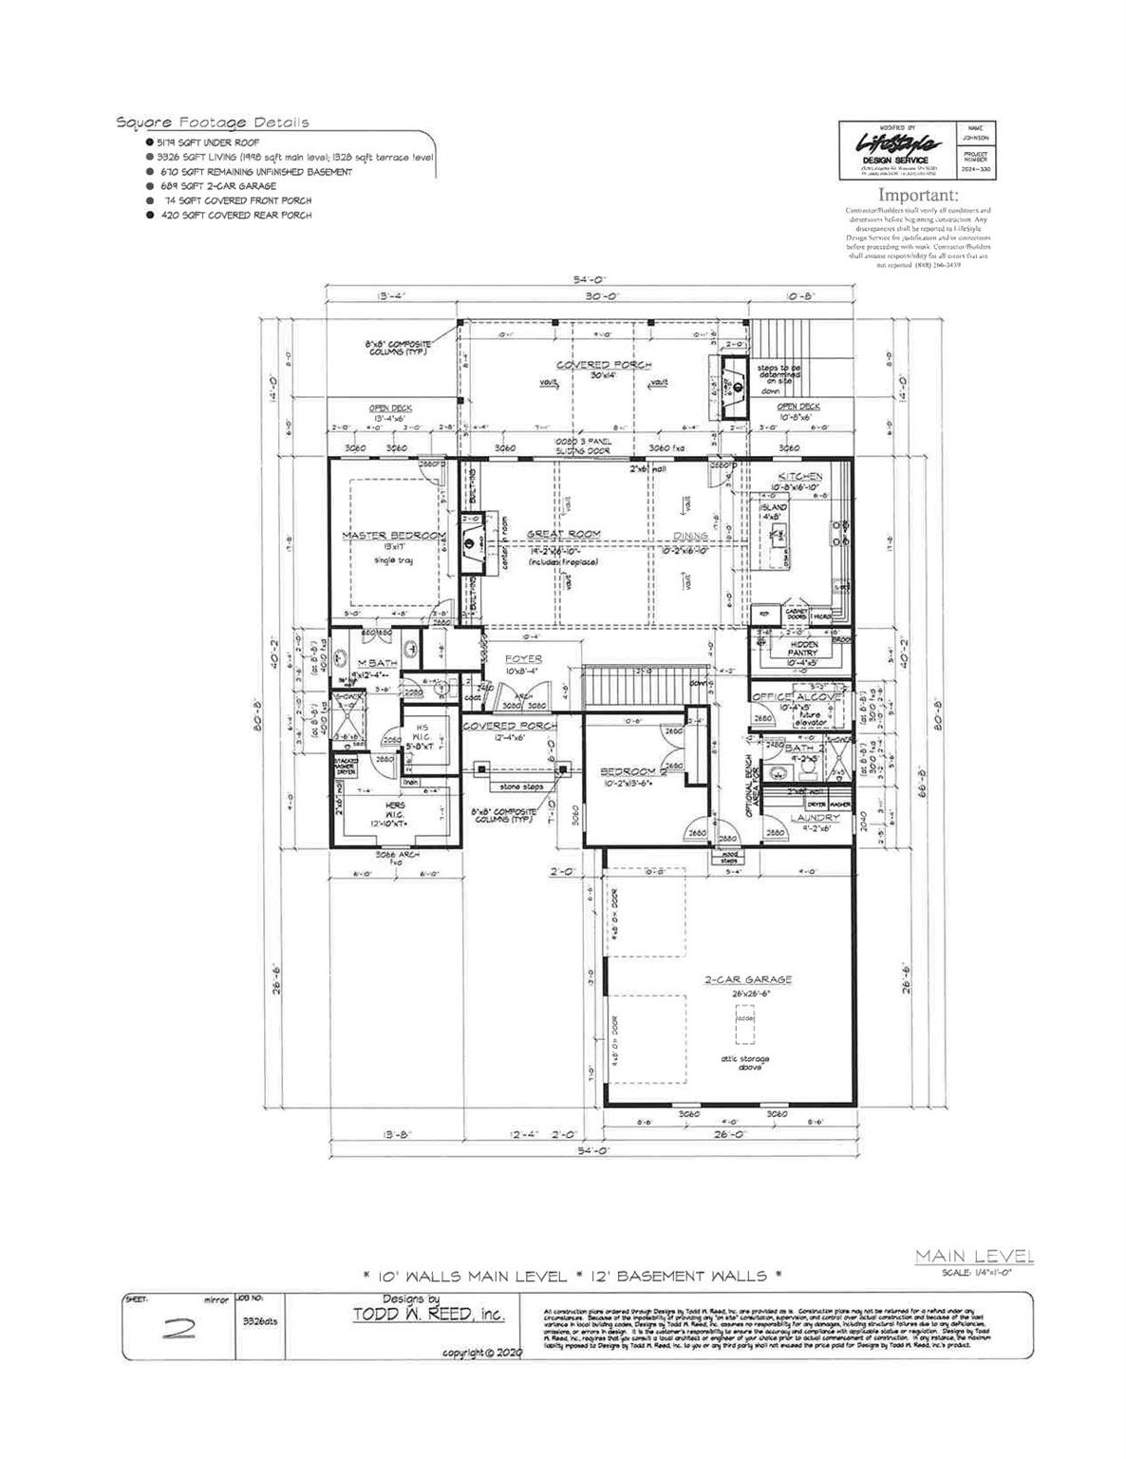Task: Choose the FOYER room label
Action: [x=522, y=658]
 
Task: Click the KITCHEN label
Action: [x=799, y=476]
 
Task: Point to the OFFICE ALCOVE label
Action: [x=797, y=697]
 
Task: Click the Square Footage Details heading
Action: [x=212, y=123]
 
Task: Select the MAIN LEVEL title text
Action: [x=974, y=1257]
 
